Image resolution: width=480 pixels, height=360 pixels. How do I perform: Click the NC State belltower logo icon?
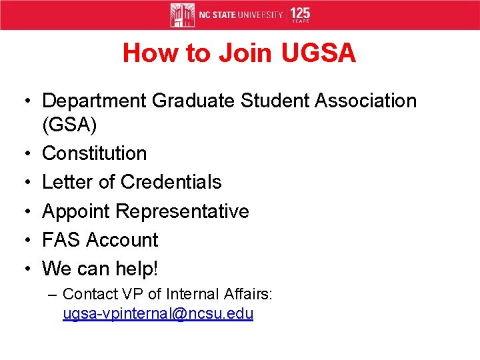[182, 15]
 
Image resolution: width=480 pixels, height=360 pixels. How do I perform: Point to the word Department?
[94, 101]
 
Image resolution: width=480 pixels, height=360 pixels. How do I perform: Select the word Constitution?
[94, 153]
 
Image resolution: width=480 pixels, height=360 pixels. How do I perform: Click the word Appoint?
[76, 211]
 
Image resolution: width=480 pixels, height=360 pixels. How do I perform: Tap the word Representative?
[182, 211]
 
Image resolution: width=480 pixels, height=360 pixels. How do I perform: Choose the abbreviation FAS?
[61, 240]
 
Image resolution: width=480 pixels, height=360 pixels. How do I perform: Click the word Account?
[122, 240]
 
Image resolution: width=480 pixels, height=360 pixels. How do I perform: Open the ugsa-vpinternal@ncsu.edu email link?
[158, 314]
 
